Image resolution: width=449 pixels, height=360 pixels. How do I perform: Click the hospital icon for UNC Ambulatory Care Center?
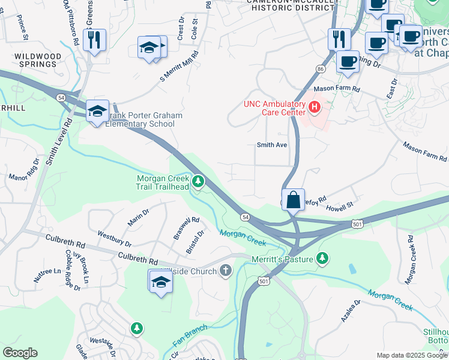click(314, 107)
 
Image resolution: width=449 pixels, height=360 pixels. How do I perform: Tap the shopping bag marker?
click(293, 200)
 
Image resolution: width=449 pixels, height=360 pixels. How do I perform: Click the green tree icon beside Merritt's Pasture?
click(323, 258)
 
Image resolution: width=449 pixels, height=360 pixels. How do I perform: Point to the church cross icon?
click(226, 271)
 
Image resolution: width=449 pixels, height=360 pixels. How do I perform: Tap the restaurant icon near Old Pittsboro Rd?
click(95, 40)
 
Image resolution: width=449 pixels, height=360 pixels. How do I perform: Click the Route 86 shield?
click(321, 70)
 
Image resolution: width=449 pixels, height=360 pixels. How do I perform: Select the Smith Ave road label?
click(272, 145)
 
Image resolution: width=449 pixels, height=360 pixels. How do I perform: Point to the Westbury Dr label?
click(114, 239)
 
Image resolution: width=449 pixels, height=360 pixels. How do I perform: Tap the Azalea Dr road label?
click(350, 311)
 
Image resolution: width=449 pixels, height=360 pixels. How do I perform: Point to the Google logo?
click(20, 353)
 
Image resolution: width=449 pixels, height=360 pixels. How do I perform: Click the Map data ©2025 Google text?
click(412, 355)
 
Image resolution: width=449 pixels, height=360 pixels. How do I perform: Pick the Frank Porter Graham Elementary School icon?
click(97, 111)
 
